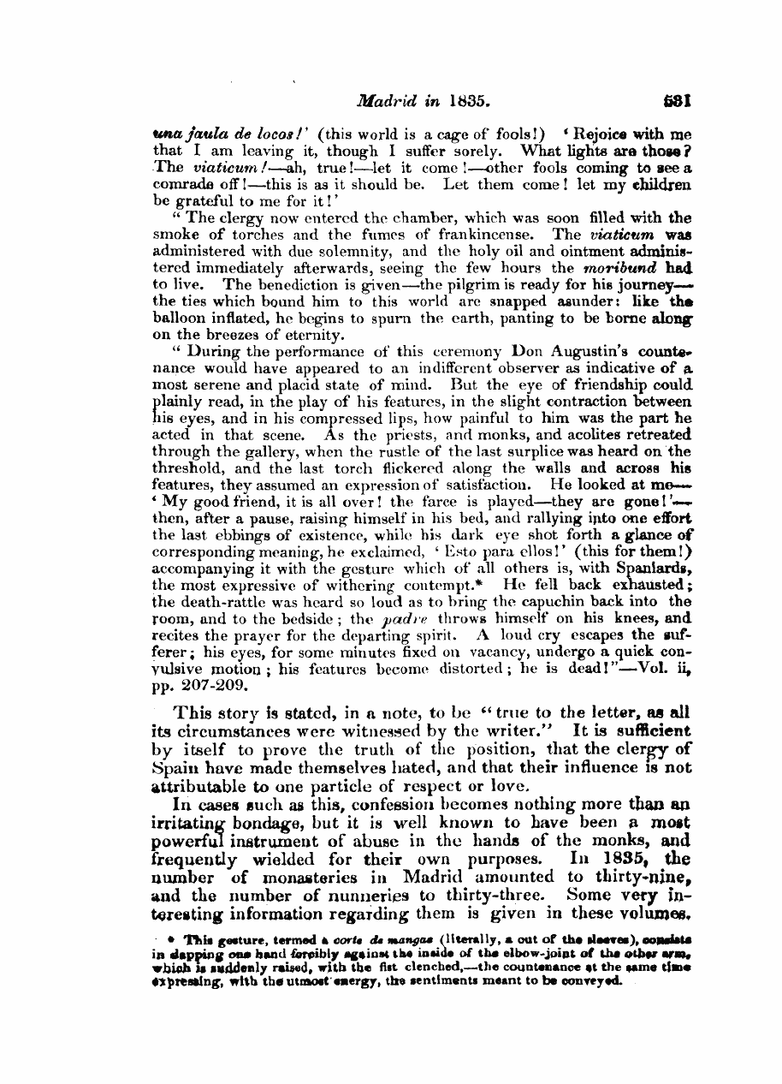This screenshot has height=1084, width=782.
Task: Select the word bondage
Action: (263, 823)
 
